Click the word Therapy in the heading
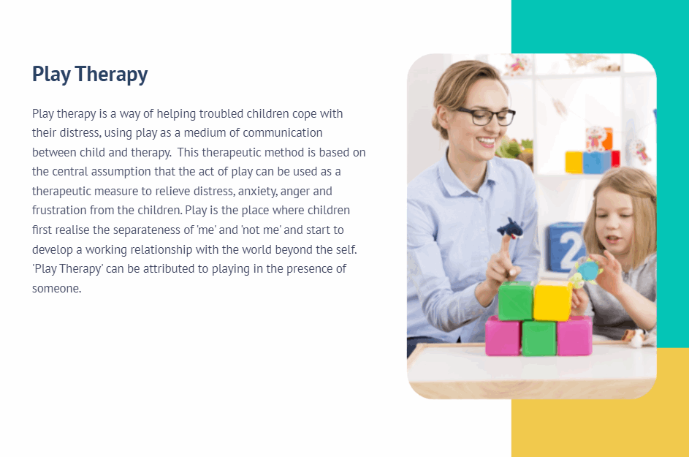pos(111,75)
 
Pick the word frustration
pos(59,211)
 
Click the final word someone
pos(57,289)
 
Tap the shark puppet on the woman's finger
pos(510,228)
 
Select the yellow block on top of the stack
pos(552,301)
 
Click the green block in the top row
pos(516,301)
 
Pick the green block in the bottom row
pos(538,338)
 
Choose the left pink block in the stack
pos(503,336)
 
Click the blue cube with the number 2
pos(567,247)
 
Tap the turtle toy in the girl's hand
pos(586,271)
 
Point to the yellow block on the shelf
pos(574,162)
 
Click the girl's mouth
pos(613,240)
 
